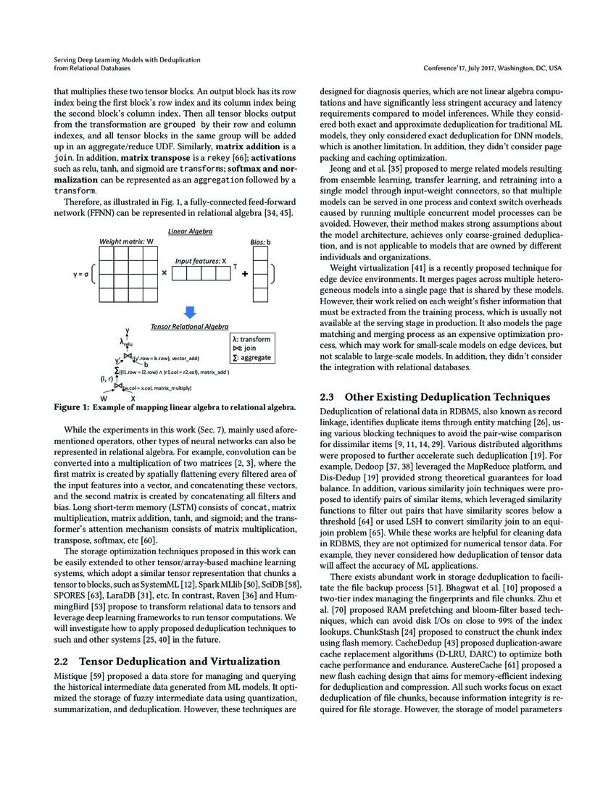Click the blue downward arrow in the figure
(189, 312)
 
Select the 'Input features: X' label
(200, 259)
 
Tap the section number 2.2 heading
(62, 661)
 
